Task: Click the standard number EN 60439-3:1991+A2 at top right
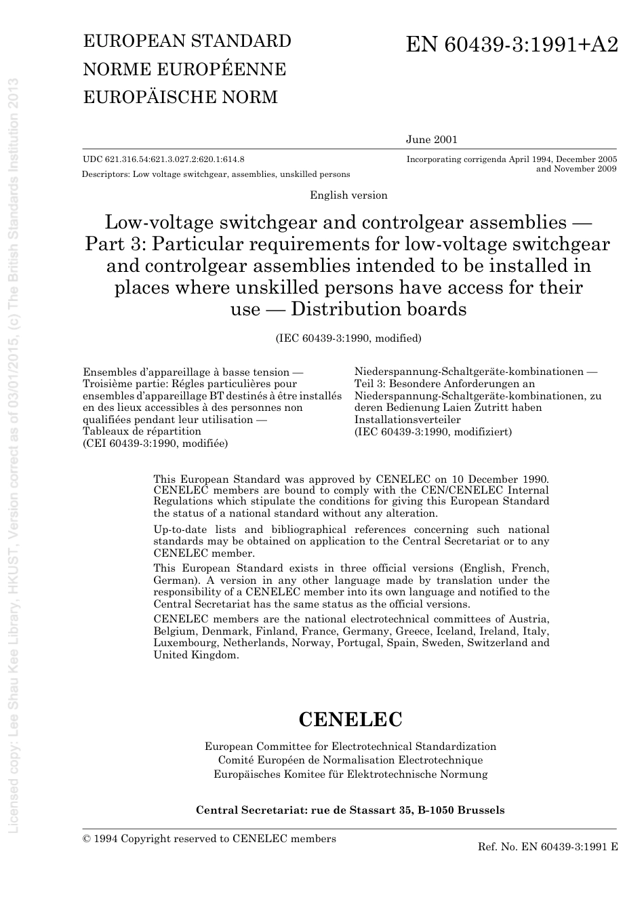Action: [x=512, y=45]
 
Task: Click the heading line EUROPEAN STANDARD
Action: [x=187, y=41]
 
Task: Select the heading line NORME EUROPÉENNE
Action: [x=184, y=69]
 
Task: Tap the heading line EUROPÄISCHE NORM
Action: [x=180, y=97]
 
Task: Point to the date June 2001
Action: [x=432, y=140]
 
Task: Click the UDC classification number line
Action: [x=163, y=159]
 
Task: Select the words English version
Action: [x=348, y=195]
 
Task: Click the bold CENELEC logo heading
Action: [x=350, y=719]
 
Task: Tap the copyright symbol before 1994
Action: [x=87, y=839]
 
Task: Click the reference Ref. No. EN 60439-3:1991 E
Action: [x=548, y=847]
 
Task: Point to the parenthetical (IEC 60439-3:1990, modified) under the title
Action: [x=348, y=338]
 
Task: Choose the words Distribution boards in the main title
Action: [x=379, y=309]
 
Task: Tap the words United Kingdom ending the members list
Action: [x=196, y=655]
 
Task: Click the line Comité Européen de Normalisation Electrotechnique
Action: [x=350, y=760]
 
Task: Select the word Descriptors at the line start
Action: [x=105, y=174]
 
